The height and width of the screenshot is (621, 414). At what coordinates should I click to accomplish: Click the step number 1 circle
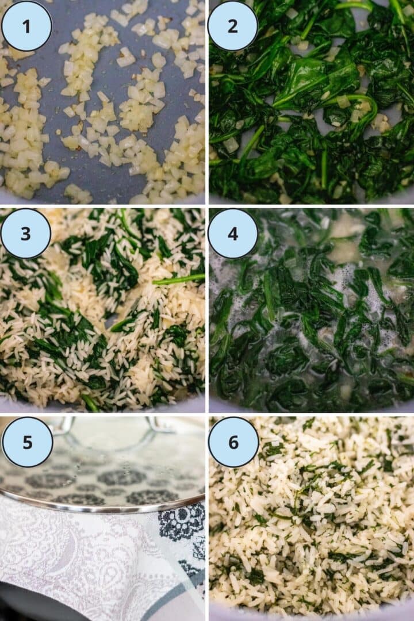pos(26,26)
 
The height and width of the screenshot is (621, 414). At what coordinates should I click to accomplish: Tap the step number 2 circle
pos(233,26)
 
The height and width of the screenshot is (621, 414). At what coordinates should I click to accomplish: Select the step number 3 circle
pos(26,233)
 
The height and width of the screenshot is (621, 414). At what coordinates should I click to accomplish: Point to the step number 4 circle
pos(233,233)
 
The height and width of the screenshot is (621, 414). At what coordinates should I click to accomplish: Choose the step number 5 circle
pos(27,442)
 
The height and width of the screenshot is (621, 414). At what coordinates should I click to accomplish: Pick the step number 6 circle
pos(233,442)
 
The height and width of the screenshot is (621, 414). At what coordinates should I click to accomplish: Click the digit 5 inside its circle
pos(27,442)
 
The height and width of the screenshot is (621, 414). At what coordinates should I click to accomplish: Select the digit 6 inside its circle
pos(233,442)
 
